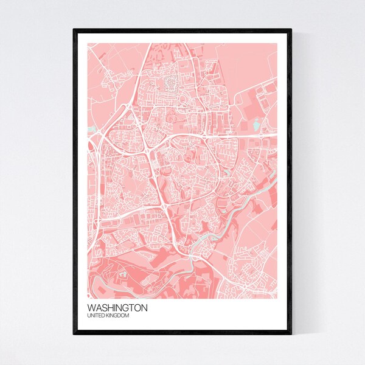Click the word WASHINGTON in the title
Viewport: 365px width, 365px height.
point(117,308)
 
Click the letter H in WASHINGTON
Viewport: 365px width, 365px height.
point(112,308)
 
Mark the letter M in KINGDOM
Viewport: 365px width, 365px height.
point(128,315)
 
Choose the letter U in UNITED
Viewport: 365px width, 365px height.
point(89,315)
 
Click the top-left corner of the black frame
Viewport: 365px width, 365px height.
point(74,29)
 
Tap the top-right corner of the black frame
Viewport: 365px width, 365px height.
point(291,29)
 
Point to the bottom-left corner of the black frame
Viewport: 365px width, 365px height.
point(74,335)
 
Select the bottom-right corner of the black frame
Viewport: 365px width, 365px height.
point(291,335)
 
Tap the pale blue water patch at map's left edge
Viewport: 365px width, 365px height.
point(91,128)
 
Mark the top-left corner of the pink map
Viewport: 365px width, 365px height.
point(88,43)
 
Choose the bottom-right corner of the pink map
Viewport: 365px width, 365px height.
point(277,292)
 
